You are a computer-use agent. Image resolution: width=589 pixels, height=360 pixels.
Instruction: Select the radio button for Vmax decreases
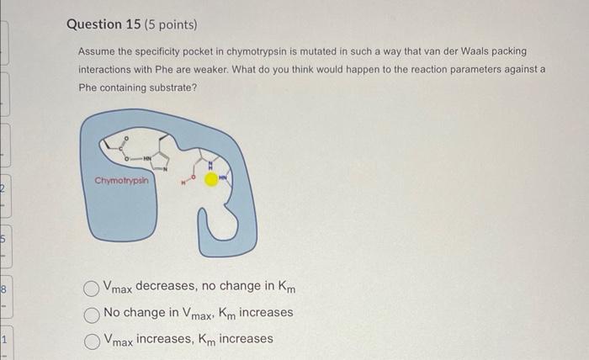(93, 289)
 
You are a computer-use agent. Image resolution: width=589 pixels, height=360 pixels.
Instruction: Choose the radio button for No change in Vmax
(93, 313)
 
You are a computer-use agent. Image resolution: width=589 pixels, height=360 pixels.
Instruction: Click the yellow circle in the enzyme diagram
(211, 180)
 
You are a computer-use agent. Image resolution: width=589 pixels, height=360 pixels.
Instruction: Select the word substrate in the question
(173, 86)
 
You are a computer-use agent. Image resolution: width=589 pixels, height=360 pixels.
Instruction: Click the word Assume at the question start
(98, 52)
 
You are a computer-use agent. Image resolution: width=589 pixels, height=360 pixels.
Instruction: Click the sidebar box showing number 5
(5, 237)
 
